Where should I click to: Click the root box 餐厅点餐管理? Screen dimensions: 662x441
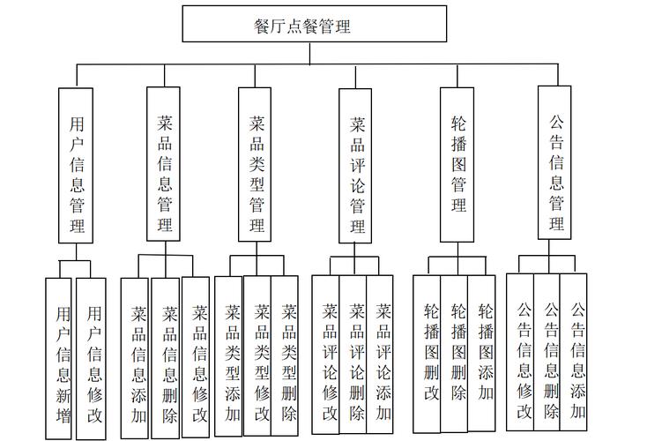(x=314, y=24)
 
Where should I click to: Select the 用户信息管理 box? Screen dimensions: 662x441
(x=76, y=166)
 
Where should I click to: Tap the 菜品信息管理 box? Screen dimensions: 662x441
(x=163, y=164)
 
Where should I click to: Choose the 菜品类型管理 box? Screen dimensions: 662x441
(x=255, y=165)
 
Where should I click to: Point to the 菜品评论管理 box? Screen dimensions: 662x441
(x=355, y=166)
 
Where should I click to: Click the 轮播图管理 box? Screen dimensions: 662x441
(x=457, y=165)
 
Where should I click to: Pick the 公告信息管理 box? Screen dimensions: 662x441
(x=554, y=162)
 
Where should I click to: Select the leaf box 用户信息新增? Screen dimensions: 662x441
(x=59, y=359)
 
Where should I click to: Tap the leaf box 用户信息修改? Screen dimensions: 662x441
(x=91, y=359)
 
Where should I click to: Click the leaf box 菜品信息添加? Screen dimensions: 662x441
(x=135, y=358)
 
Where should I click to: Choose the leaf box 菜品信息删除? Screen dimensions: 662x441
(x=166, y=358)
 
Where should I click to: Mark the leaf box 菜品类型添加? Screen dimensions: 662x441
(x=229, y=356)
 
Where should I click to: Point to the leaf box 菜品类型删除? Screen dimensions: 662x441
(x=285, y=355)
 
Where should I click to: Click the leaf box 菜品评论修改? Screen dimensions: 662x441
(x=325, y=355)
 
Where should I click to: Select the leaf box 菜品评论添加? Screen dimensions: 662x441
(x=380, y=355)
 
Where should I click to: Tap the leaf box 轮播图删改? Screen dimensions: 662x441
(x=427, y=354)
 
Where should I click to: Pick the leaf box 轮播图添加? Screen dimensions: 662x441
(x=481, y=354)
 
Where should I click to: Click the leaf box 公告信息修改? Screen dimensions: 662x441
(x=520, y=352)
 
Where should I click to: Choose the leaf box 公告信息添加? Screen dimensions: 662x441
(x=573, y=352)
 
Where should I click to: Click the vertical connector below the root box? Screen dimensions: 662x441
(x=310, y=53)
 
